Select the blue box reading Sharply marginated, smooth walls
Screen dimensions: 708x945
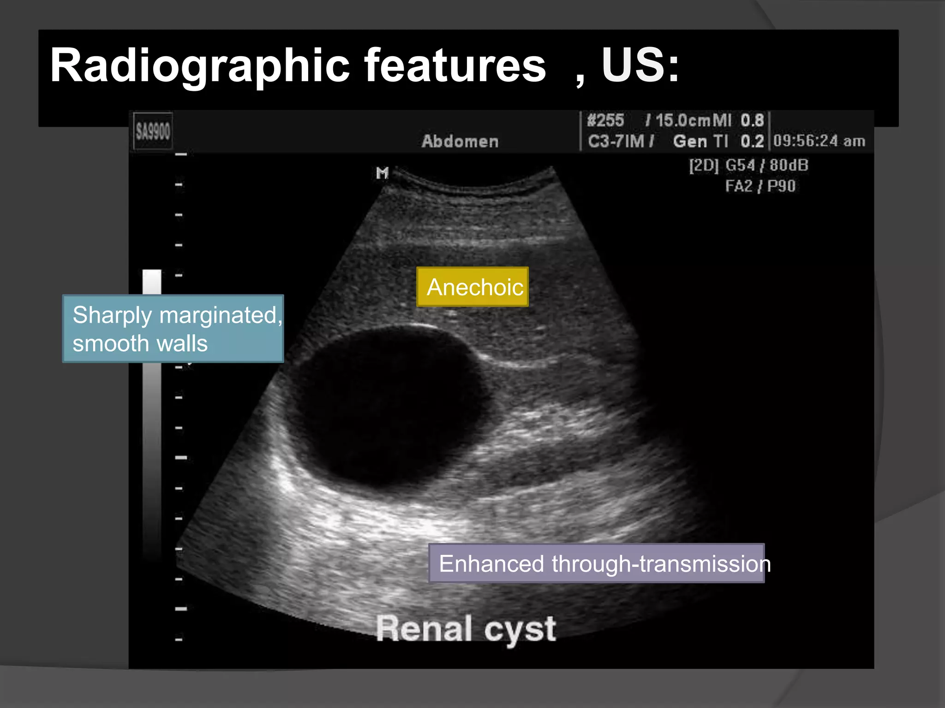tap(173, 329)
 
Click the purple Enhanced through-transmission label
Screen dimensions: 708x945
tap(597, 563)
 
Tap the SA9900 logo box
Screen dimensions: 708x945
tap(153, 131)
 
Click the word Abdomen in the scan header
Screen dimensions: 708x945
tap(460, 141)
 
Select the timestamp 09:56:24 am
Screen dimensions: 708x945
tap(819, 141)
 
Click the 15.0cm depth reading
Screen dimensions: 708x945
tap(683, 121)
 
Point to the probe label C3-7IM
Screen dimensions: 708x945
tap(616, 141)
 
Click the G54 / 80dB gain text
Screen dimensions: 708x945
tap(766, 165)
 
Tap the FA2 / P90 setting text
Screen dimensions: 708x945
tap(760, 186)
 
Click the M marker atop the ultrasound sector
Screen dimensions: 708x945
tap(382, 173)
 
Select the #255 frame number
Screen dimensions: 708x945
tap(605, 121)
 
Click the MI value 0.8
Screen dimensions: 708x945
tap(752, 121)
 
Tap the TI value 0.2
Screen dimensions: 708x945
tap(752, 141)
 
